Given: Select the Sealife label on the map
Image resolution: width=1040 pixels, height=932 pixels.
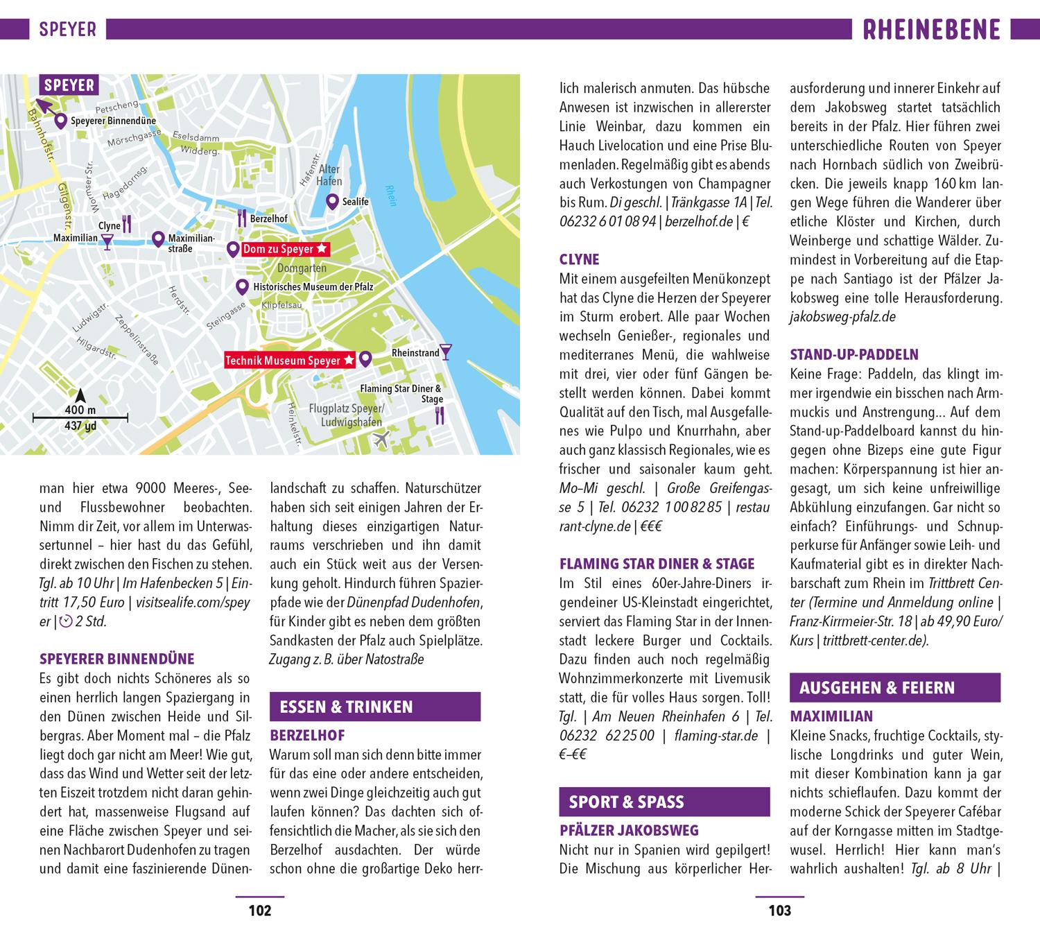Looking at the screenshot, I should pyautogui.click(x=355, y=202).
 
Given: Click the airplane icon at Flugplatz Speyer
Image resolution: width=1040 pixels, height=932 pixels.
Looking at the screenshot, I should pyautogui.click(x=381, y=438).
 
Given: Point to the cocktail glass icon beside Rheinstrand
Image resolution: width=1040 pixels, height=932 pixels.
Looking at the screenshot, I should pyautogui.click(x=446, y=352).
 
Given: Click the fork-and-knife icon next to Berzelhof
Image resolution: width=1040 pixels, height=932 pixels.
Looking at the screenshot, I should pyautogui.click(x=242, y=218).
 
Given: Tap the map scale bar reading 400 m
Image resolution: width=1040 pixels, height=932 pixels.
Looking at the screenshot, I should pyautogui.click(x=80, y=417).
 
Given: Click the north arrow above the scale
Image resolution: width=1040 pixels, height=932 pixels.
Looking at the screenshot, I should pyautogui.click(x=80, y=395).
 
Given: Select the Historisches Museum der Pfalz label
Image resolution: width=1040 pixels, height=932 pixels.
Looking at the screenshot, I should pyautogui.click(x=313, y=286).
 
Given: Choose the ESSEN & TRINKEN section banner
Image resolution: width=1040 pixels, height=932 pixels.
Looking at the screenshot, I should pyautogui.click(x=374, y=707).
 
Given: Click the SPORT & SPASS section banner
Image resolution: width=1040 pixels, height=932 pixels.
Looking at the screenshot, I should pyautogui.click(x=664, y=802).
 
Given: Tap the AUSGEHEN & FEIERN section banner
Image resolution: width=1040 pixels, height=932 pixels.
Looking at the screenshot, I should pyautogui.click(x=894, y=688).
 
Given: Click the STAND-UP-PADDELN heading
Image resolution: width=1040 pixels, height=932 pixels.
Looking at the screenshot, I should pyautogui.click(x=854, y=355).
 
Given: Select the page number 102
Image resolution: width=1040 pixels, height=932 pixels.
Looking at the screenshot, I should pyautogui.click(x=259, y=911).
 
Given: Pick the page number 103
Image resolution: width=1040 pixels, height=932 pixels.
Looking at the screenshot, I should pyautogui.click(x=779, y=911).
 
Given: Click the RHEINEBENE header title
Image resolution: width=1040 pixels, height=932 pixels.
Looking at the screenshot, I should pyautogui.click(x=932, y=30).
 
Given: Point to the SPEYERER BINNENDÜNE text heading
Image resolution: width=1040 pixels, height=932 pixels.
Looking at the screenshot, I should pyautogui.click(x=117, y=659).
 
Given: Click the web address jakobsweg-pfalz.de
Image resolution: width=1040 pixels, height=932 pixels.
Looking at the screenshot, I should pyautogui.click(x=842, y=317).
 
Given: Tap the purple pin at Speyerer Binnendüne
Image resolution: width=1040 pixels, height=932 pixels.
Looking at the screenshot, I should pyautogui.click(x=61, y=121).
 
